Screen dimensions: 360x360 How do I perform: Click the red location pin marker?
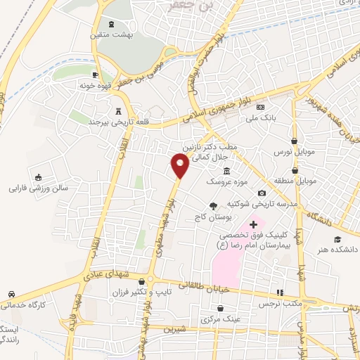[180, 166]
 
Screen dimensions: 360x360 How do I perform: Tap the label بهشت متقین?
[109, 34]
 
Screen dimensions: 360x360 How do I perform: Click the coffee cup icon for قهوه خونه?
[96, 74]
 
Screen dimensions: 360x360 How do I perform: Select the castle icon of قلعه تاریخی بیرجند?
[118, 111]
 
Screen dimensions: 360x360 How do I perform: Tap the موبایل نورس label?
[296, 152]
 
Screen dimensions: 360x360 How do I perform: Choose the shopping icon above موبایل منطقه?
[295, 170]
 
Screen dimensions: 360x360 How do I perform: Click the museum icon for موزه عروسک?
[226, 172]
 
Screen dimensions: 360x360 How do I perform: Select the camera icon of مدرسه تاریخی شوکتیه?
[262, 193]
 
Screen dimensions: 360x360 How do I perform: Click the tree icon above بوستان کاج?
[212, 205]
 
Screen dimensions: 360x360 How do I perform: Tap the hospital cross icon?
[253, 223]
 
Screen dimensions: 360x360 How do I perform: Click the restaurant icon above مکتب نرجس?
[279, 292]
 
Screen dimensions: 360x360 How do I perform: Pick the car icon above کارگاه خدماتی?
[12, 294]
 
